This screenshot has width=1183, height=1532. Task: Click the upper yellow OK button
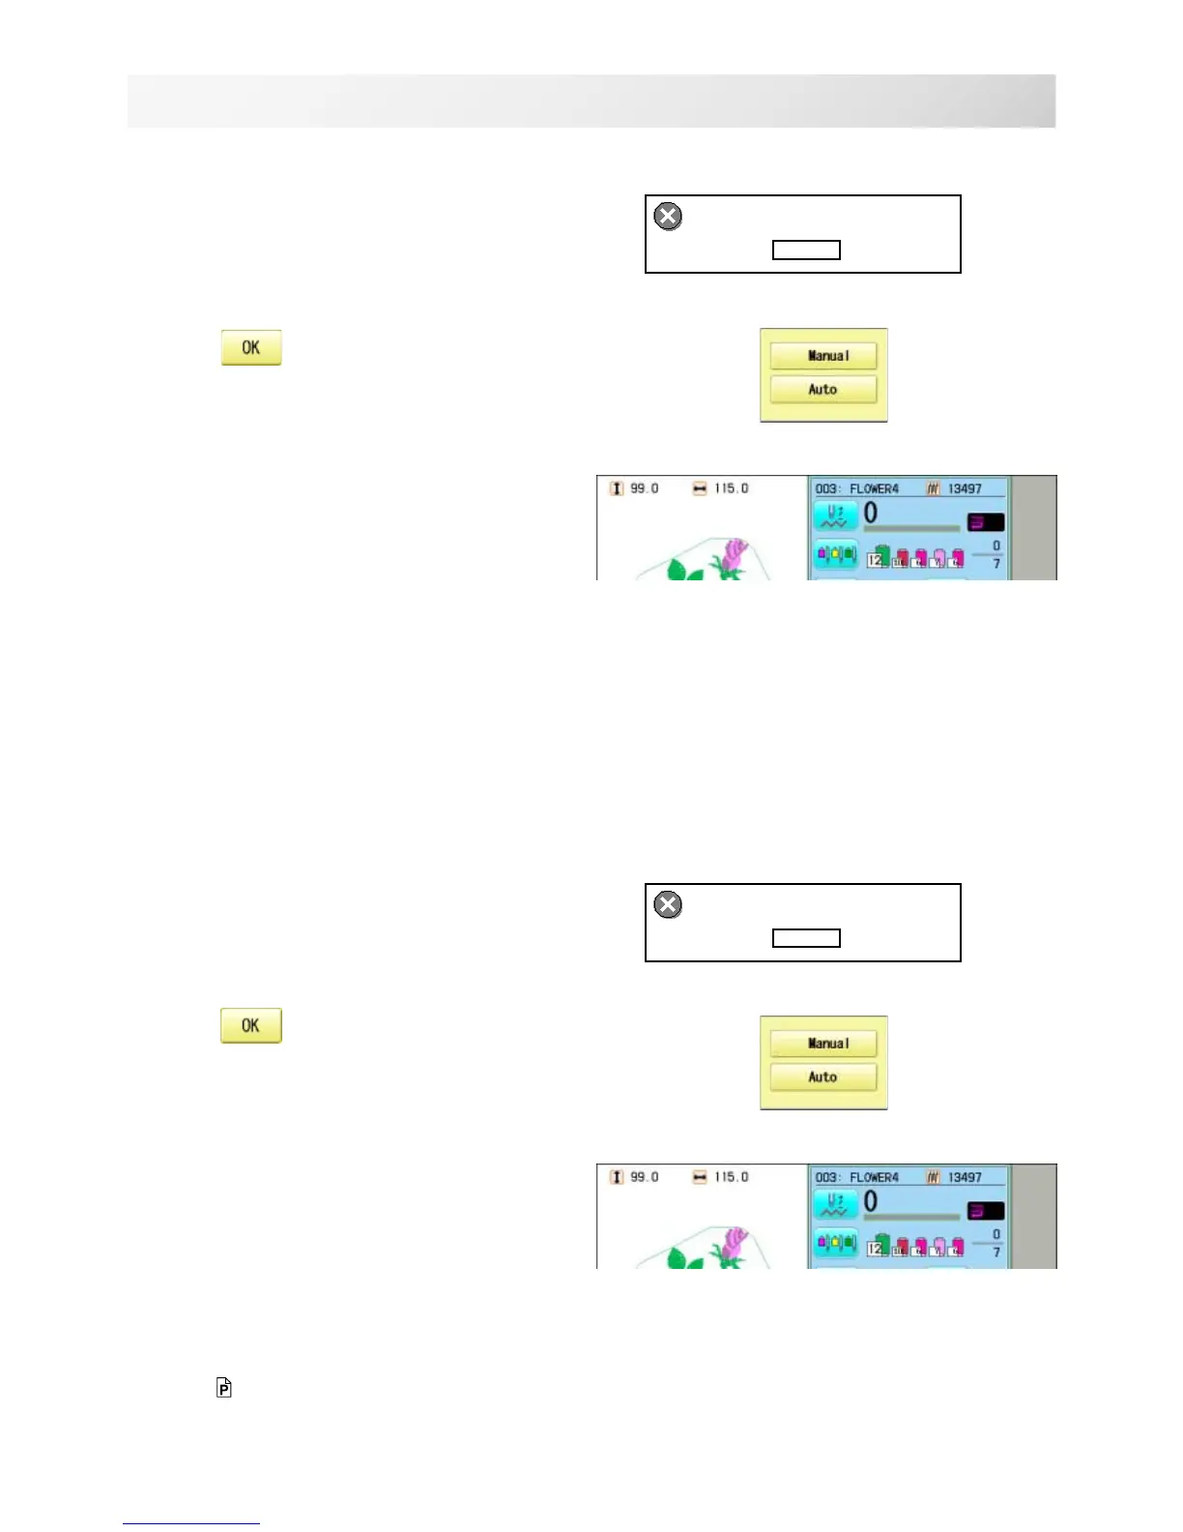tap(251, 348)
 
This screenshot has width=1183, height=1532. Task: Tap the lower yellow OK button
tap(251, 1026)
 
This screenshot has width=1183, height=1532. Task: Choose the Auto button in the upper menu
tap(823, 390)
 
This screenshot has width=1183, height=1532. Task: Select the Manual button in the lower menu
tap(823, 1044)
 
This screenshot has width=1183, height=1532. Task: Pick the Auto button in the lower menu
tap(823, 1077)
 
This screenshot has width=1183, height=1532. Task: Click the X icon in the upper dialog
tap(668, 216)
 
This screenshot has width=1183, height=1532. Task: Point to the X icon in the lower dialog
tap(668, 904)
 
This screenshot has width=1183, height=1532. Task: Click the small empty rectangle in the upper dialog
tap(806, 250)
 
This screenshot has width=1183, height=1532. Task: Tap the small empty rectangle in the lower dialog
tap(806, 938)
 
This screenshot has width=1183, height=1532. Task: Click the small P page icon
tap(224, 1388)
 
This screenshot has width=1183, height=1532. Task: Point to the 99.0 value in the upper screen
tap(645, 488)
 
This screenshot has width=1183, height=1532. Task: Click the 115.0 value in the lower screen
tap(732, 1177)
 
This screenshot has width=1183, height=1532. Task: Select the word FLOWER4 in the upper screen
tap(874, 488)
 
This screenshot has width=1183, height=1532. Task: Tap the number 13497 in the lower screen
tap(965, 1177)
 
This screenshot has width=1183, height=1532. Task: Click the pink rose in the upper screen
tap(734, 555)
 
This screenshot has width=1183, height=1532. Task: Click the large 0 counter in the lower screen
tap(871, 1201)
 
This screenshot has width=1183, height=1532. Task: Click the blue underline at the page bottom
tap(191, 1524)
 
